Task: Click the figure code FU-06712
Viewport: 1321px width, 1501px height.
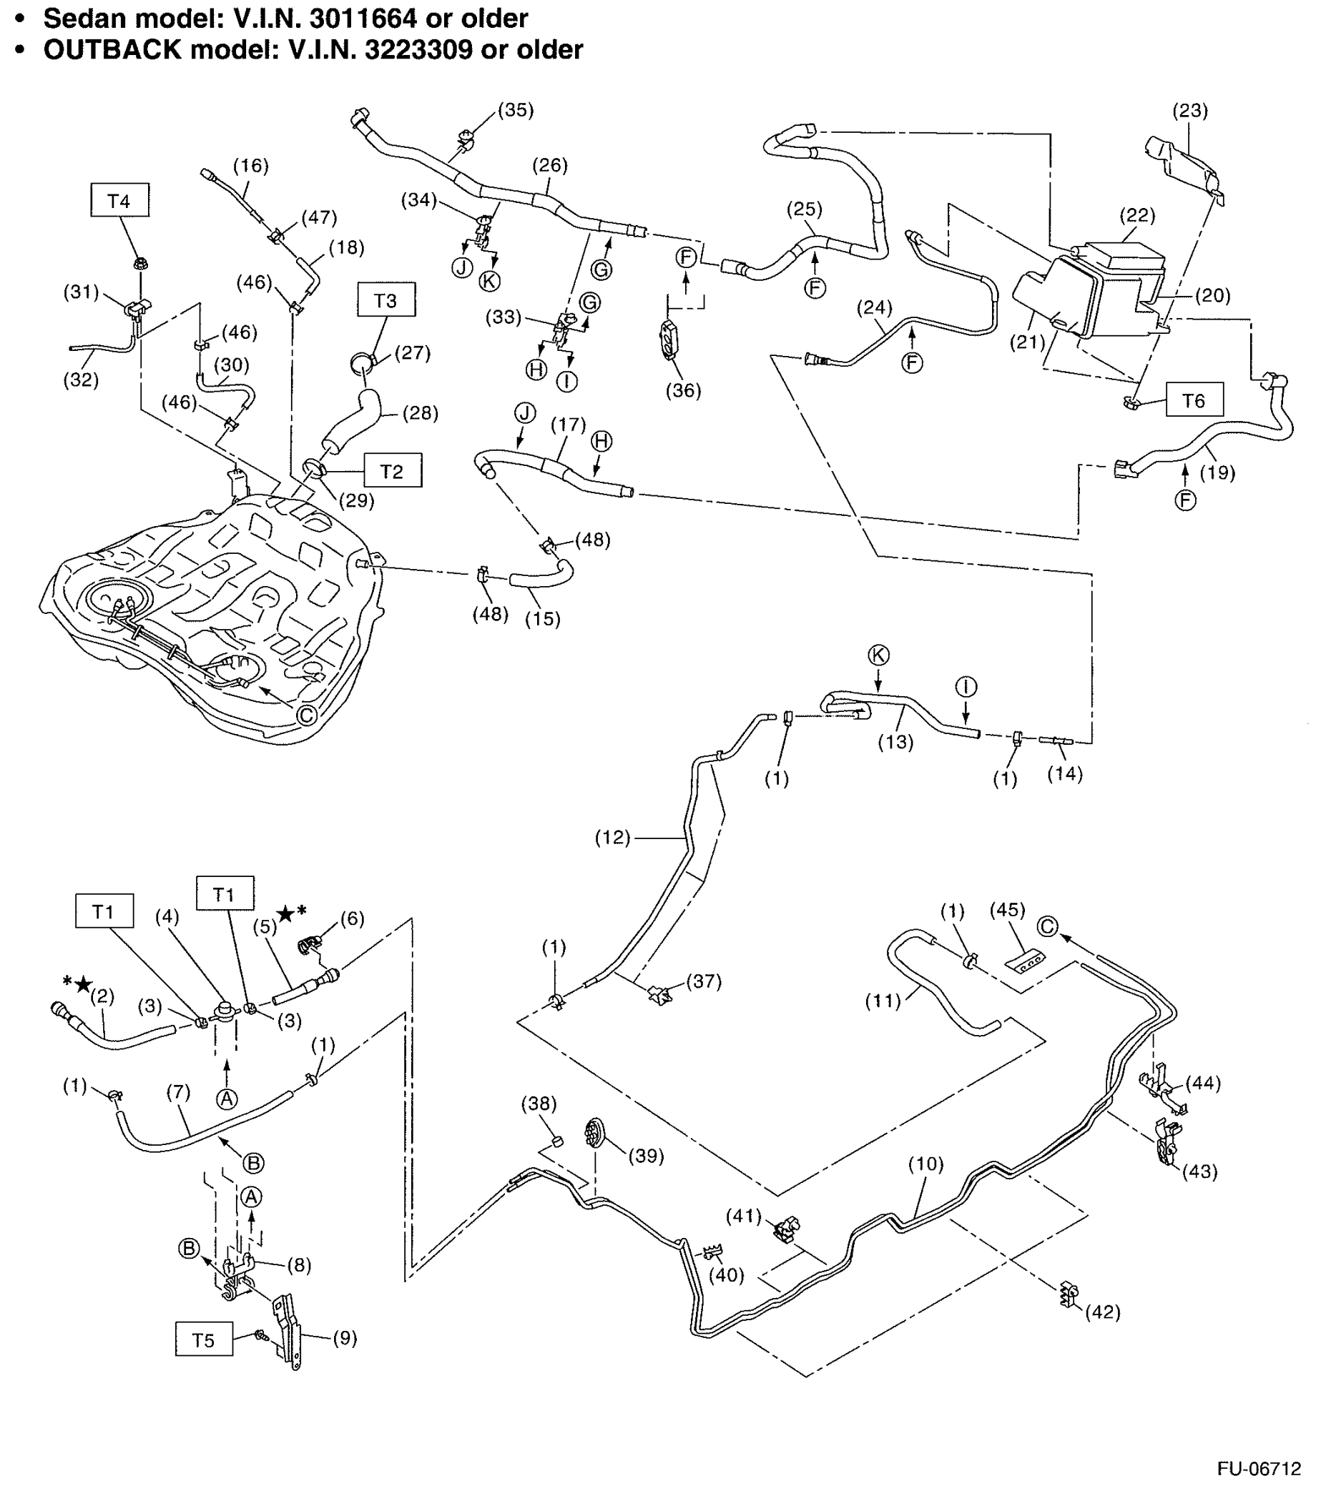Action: click(1258, 1468)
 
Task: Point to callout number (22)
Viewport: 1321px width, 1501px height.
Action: click(1136, 215)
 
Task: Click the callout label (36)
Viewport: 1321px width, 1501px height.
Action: click(682, 390)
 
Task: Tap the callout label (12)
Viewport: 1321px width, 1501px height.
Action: click(612, 837)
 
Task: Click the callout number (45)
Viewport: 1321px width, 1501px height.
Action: click(1006, 910)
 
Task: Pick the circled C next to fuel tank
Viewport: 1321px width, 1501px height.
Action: click(306, 714)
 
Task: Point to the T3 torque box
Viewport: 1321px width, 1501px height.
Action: click(386, 300)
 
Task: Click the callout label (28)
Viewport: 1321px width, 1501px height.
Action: click(421, 412)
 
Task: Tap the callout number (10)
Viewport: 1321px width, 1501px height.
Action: click(925, 1163)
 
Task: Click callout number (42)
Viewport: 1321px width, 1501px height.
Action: click(1103, 1312)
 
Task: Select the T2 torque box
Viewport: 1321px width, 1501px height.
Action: click(393, 471)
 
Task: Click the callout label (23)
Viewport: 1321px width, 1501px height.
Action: click(1189, 110)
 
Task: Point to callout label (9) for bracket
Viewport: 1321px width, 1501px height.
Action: click(345, 1337)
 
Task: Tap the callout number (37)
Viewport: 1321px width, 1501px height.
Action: click(703, 981)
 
